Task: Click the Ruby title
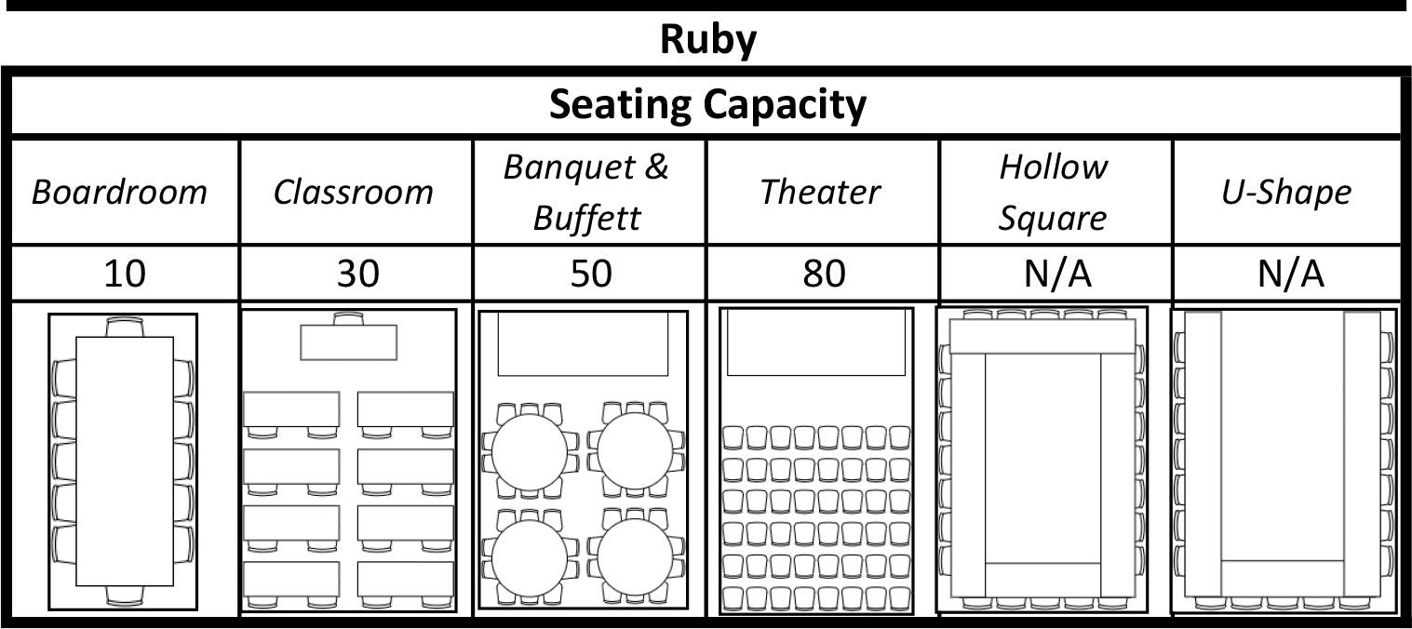click(708, 40)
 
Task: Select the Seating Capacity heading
click(707, 104)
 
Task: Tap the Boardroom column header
click(119, 193)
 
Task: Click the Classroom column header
click(353, 193)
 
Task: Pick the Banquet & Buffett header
click(587, 193)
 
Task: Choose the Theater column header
click(819, 193)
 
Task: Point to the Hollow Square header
click(1054, 193)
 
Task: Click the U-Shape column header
click(1286, 193)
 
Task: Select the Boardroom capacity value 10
click(125, 274)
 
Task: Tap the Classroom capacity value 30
click(358, 274)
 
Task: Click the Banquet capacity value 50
click(591, 274)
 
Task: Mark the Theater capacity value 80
click(824, 274)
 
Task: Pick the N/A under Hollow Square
click(1057, 274)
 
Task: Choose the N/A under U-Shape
click(1290, 274)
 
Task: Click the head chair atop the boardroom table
click(125, 328)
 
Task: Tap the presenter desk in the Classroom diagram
click(349, 342)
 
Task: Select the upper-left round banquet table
click(530, 452)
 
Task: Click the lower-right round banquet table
click(636, 557)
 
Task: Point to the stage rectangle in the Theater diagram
click(816, 342)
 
